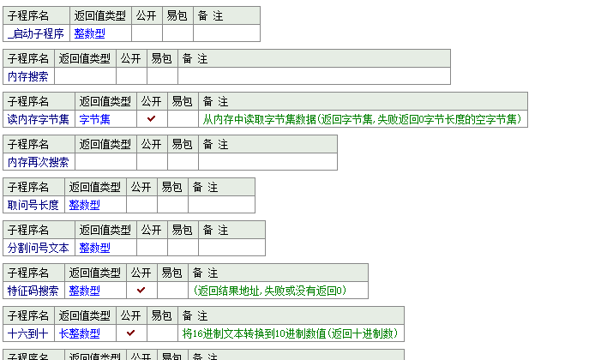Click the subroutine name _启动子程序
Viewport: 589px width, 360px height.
[x=35, y=33]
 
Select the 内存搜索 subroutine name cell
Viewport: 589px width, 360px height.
[x=28, y=76]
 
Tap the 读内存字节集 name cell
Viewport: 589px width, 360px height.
[x=39, y=119]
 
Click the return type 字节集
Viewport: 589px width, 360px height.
[x=94, y=119]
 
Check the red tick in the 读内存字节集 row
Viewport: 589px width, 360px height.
[x=151, y=119]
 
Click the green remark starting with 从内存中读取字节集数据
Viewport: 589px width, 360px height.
[x=363, y=119]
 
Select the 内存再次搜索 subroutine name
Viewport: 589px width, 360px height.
[x=39, y=162]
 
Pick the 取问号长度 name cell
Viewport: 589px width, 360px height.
[x=33, y=205]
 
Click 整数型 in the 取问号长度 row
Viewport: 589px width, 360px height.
[x=84, y=205]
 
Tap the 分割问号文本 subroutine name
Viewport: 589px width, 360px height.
[x=39, y=248]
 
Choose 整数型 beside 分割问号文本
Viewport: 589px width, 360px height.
[x=94, y=248]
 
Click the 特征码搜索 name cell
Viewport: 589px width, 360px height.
[x=33, y=291]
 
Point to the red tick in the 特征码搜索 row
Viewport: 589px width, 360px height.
[x=141, y=291]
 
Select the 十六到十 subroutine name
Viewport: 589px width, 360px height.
[x=28, y=333]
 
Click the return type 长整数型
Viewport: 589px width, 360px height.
[x=79, y=333]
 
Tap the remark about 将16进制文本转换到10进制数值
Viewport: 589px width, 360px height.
[x=291, y=333]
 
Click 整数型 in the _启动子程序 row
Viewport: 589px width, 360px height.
[x=89, y=33]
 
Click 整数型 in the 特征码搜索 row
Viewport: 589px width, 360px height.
[x=84, y=291]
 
